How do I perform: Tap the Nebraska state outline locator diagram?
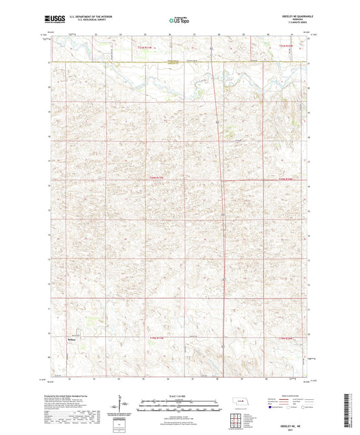(240, 403)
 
